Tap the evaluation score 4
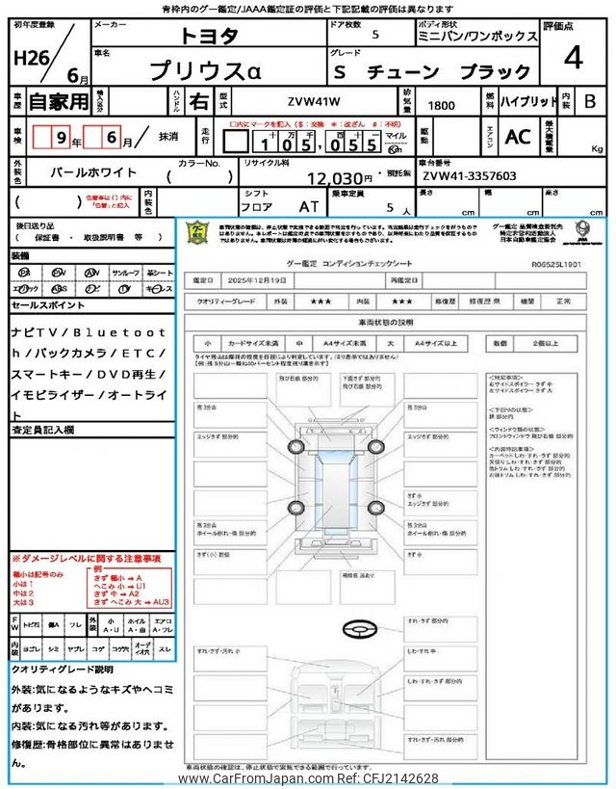tap(573, 58)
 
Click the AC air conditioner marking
tap(517, 137)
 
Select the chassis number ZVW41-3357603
tap(469, 177)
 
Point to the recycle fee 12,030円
tap(339, 178)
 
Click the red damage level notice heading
tap(87, 559)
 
